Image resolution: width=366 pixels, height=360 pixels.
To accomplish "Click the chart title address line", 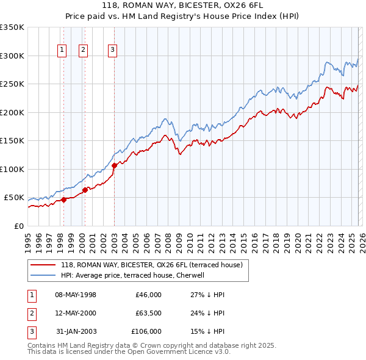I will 183,6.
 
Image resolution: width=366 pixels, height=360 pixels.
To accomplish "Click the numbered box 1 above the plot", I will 62,51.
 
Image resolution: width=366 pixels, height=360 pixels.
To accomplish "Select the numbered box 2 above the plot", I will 83,51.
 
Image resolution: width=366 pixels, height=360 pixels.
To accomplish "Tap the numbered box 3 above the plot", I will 113,51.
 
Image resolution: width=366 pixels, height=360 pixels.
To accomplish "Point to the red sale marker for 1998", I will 63,200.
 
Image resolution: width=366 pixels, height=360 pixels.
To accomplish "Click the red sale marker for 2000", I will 85,190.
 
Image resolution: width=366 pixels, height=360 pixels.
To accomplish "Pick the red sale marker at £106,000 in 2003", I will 114,165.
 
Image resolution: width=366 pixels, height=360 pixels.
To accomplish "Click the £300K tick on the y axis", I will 12,56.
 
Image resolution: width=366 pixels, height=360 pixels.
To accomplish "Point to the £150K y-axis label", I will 12,141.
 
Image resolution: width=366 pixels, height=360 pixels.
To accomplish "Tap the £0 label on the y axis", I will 18,226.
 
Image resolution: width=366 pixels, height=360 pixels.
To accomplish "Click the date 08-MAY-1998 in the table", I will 76,295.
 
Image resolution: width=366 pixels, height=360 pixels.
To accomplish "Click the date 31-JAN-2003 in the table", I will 76,331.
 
